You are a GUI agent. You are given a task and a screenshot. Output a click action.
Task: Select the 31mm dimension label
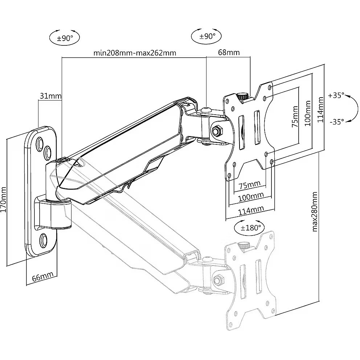50,96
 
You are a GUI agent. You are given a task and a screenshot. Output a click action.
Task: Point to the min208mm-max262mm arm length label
135,53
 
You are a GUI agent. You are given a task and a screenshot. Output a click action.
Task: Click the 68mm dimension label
229,52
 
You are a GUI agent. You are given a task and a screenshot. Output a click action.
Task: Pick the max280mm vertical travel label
315,211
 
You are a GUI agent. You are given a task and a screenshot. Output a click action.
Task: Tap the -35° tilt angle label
336,122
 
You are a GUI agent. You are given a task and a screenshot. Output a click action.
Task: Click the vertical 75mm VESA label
295,116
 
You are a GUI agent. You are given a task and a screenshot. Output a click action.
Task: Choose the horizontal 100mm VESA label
251,196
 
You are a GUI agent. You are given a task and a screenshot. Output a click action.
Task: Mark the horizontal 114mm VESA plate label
251,209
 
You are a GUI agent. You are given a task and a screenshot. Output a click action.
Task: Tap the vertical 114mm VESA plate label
320,109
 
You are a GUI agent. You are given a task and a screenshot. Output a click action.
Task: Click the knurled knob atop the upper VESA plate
242,96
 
